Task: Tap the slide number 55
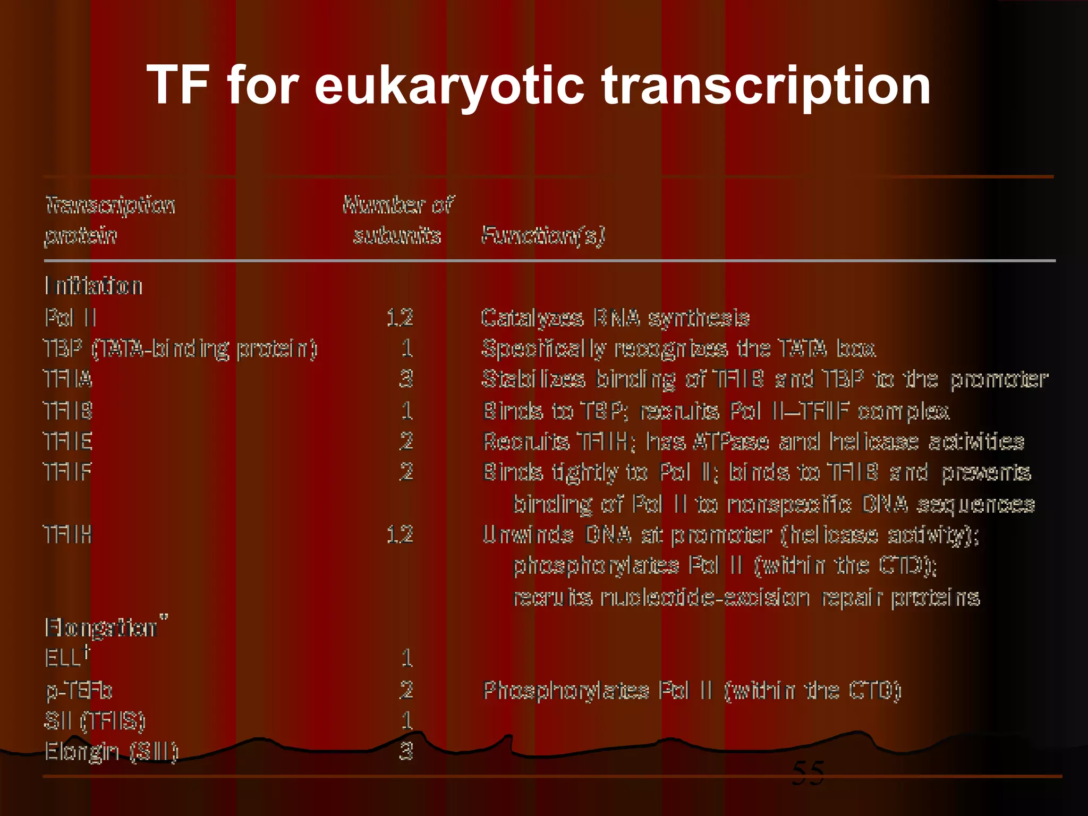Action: pos(808,773)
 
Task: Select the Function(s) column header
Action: pos(543,235)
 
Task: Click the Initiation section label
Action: pos(93,286)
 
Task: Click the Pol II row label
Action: pos(71,318)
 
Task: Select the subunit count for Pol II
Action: pos(399,318)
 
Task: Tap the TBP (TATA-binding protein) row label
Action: pos(180,349)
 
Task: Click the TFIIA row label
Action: pos(68,379)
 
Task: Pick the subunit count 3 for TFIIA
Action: pos(406,379)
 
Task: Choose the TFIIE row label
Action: pos(68,441)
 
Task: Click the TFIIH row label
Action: pos(68,534)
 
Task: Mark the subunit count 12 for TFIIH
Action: pos(399,534)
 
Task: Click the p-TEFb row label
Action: pos(79,690)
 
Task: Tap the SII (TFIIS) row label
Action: pos(95,721)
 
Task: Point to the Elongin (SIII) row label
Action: pos(111,752)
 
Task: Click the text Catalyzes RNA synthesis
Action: pos(615,318)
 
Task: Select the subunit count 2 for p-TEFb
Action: pos(406,690)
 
